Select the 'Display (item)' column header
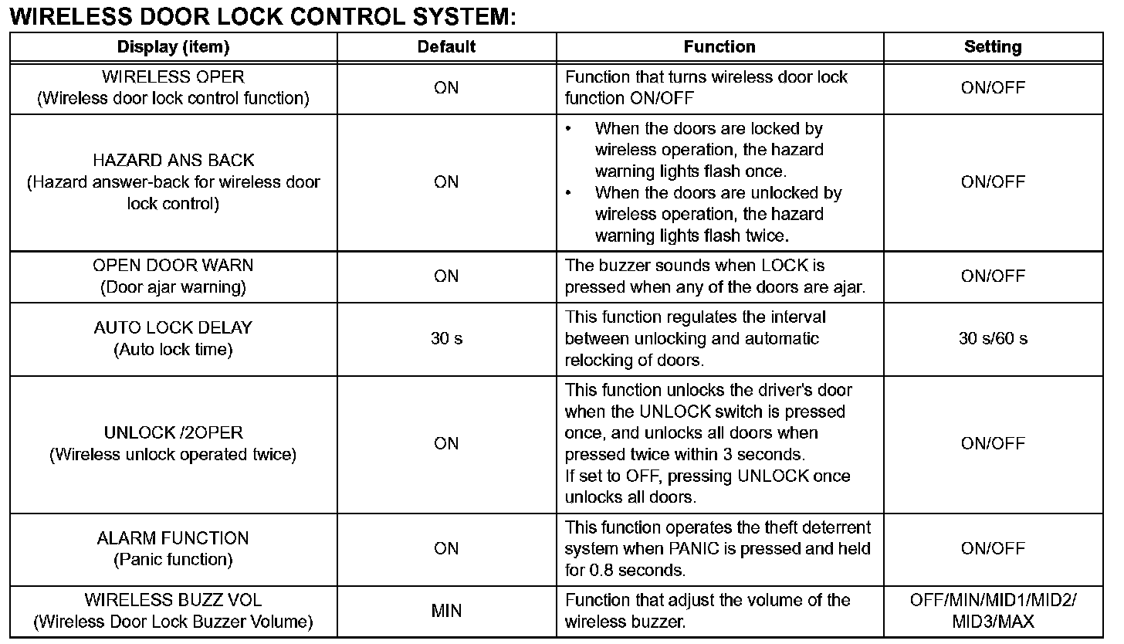(174, 47)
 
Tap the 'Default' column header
(446, 47)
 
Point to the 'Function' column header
(719, 47)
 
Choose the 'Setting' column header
(993, 47)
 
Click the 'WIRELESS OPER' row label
(174, 77)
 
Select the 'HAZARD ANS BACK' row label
(174, 161)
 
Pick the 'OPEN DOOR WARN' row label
(174, 266)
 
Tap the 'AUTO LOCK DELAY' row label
(174, 327)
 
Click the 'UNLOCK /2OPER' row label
(174, 432)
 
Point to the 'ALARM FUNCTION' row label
(174, 538)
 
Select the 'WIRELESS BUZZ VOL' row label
(174, 600)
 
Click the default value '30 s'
(446, 338)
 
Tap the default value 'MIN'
(446, 611)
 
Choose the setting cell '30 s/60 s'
(993, 338)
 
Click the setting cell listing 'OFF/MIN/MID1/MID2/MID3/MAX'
(993, 611)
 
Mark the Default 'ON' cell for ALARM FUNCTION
(446, 548)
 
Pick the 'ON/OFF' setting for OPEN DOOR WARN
(993, 276)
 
